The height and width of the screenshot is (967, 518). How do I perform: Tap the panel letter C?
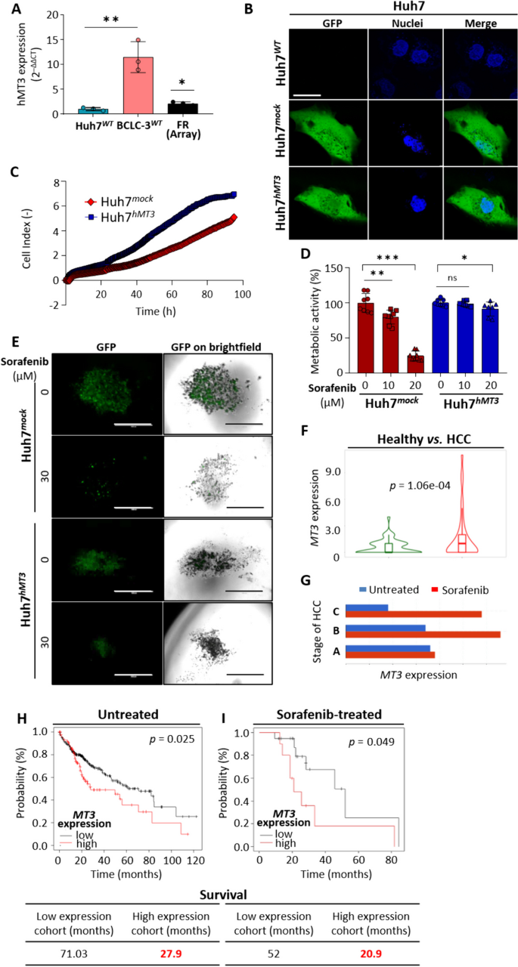pos(13,170)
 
